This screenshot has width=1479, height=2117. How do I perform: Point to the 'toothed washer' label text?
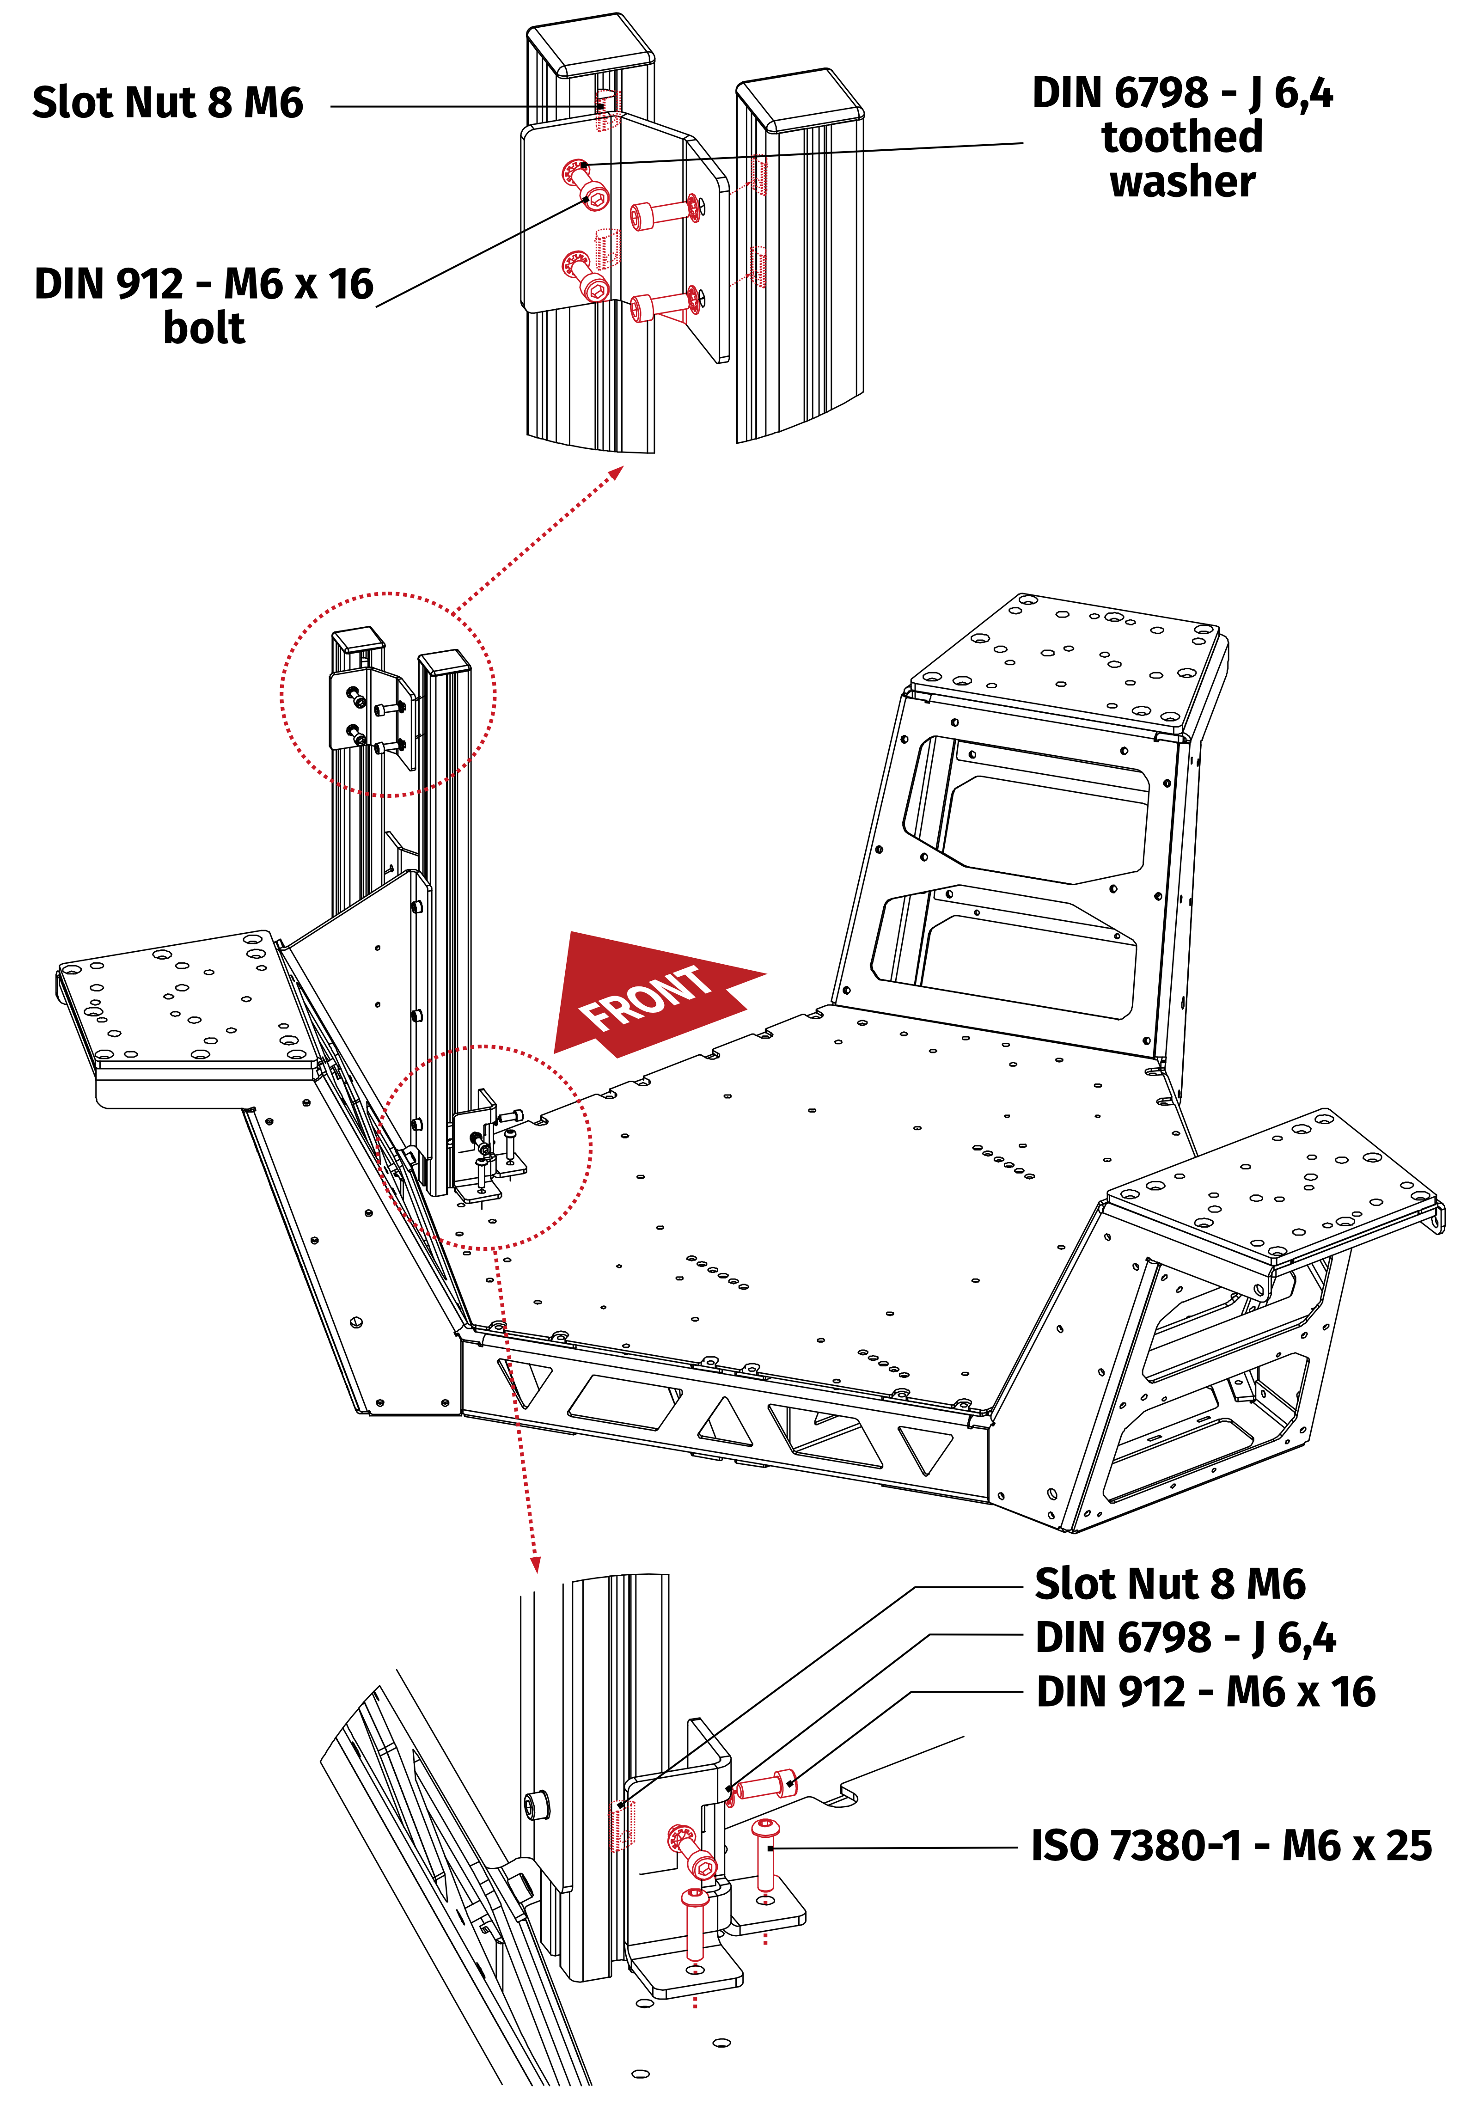1182,159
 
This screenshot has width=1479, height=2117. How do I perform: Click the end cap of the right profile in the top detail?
801,97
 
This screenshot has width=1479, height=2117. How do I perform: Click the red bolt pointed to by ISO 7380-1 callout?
764,1853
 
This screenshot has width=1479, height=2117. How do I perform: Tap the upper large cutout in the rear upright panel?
1042,811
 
